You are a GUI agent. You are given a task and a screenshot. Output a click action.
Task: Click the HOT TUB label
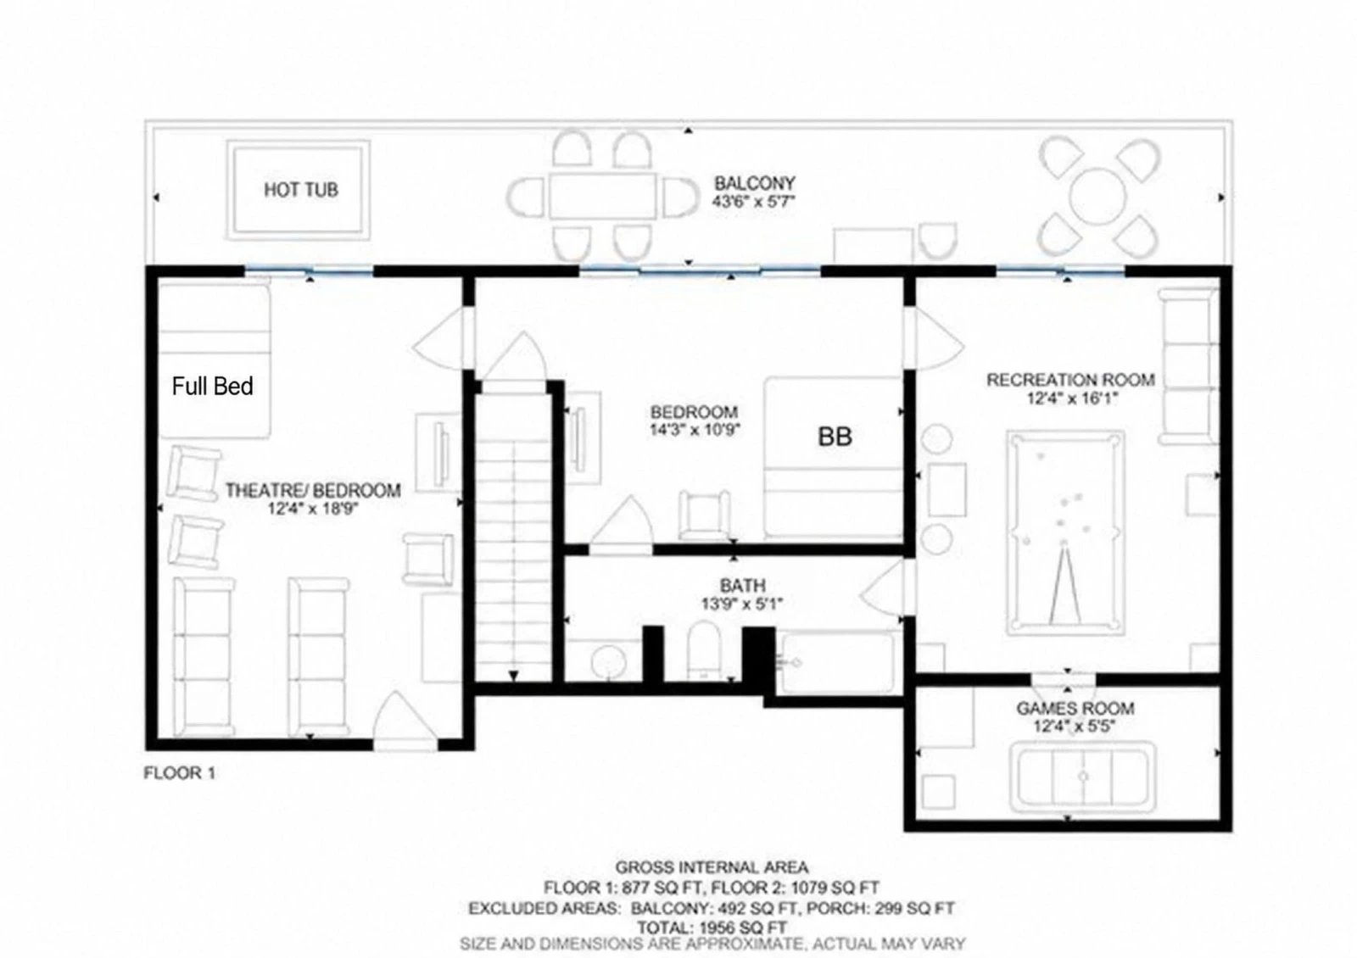(301, 190)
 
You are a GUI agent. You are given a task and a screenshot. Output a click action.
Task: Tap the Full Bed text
(212, 387)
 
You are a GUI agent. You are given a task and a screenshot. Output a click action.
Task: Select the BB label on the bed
(835, 437)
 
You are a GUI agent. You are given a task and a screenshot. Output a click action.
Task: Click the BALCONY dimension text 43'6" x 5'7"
(753, 202)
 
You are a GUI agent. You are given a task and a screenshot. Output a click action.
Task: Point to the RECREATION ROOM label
(1070, 380)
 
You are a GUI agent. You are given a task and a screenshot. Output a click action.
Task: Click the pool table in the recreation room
(1065, 533)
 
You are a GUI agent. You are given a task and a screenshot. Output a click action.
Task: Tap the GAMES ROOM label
(1075, 708)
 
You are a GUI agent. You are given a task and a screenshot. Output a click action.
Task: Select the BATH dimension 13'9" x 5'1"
(742, 604)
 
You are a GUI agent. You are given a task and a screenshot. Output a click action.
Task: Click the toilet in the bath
(704, 651)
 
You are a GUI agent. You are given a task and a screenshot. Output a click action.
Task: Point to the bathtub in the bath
(838, 662)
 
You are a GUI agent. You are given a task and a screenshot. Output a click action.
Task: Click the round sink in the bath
(608, 662)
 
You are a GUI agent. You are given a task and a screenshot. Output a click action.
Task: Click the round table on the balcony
(1097, 197)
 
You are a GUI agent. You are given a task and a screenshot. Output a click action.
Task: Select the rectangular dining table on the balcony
(603, 196)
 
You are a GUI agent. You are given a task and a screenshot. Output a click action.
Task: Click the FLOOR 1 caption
(179, 772)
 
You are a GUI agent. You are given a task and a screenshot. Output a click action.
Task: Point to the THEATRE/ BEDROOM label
(313, 490)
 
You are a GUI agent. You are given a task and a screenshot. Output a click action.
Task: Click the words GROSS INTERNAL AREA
(712, 868)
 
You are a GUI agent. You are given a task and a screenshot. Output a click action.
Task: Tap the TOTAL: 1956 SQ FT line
(712, 927)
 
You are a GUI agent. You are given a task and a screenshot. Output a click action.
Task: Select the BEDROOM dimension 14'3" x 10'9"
(695, 429)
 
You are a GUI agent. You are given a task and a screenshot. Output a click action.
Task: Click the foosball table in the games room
(1082, 777)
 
